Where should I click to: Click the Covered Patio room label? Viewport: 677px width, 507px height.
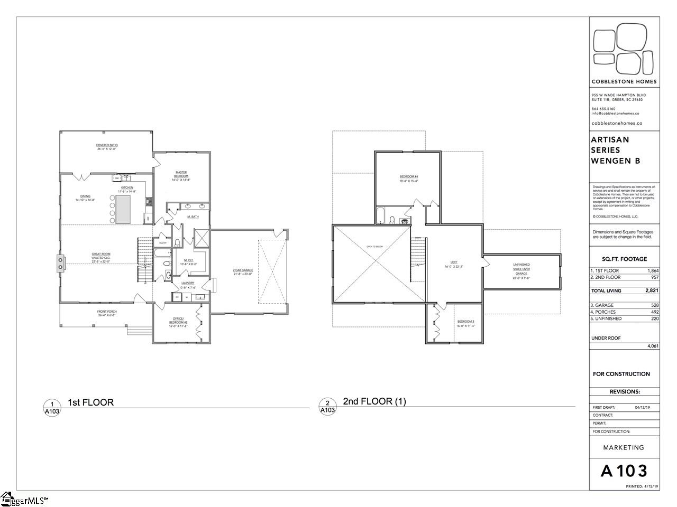106,147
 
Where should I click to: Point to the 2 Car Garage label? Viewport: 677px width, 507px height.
243,272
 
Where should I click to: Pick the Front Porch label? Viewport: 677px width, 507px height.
106,313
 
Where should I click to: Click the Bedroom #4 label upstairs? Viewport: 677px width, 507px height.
409,179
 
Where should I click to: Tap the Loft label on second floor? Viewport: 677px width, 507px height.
454,264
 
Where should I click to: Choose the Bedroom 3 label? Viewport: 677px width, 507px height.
466,323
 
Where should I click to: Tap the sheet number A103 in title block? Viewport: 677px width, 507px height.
624,471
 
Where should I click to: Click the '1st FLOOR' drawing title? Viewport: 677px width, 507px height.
90,402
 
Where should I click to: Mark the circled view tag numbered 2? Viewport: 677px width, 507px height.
327,406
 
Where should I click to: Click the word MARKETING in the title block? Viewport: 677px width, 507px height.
624,447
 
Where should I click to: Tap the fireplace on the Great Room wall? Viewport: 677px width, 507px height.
60,262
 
